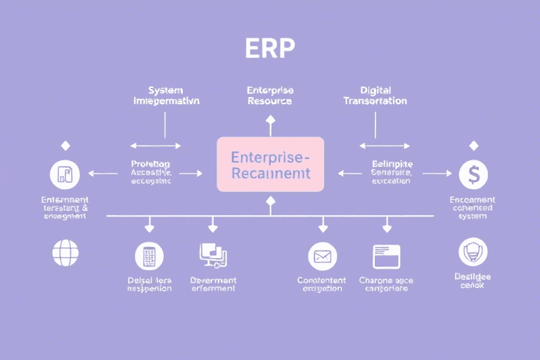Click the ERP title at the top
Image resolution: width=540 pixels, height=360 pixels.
[x=270, y=47]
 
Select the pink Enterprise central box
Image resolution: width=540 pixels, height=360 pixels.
[x=270, y=164]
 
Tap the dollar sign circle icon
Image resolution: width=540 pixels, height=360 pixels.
[x=473, y=174]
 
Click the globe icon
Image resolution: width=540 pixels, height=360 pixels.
[x=66, y=252]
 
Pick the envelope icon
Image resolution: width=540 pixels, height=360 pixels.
[x=322, y=257]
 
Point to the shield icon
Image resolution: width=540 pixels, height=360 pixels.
[x=472, y=252]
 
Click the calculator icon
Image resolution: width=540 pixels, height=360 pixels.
[x=148, y=257]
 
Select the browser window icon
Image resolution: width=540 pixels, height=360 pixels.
[x=386, y=257]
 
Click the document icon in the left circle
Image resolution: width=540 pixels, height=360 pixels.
[x=65, y=174]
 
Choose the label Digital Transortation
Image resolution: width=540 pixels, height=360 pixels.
[x=375, y=96]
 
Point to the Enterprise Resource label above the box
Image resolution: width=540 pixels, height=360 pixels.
[x=270, y=96]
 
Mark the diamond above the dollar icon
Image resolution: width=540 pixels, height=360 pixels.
[x=473, y=146]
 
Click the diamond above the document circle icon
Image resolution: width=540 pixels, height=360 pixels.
[x=65, y=146]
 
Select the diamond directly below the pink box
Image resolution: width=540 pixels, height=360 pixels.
[x=270, y=202]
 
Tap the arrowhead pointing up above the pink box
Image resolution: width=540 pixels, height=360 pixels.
[x=270, y=120]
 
